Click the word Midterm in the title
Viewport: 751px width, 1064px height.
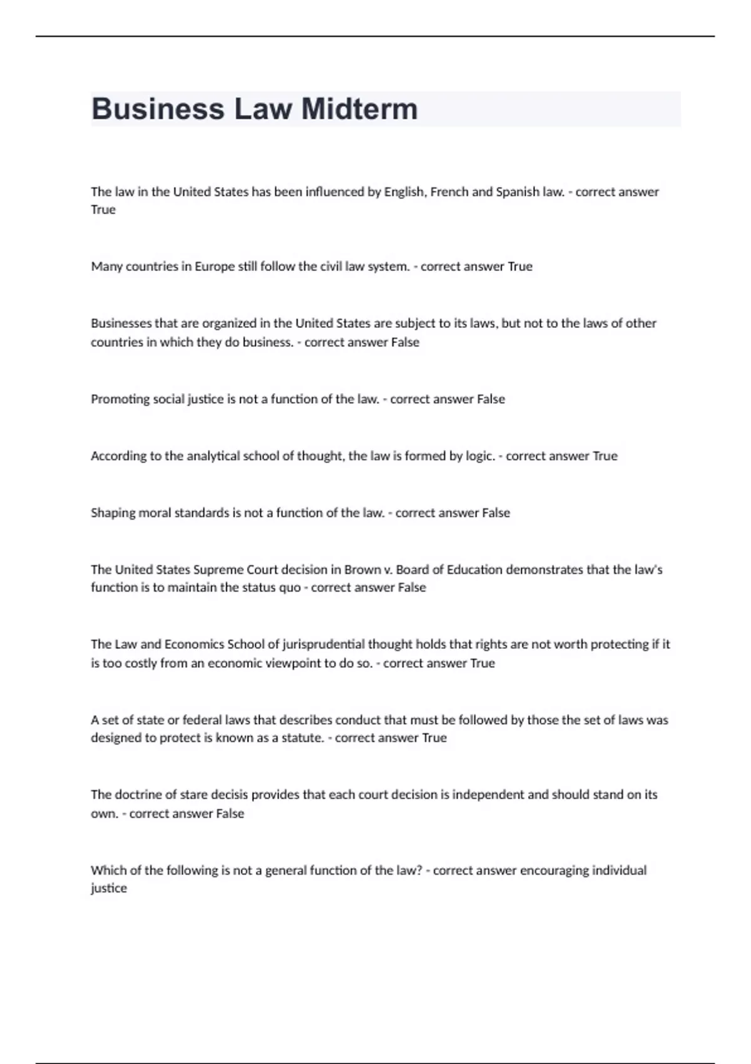click(x=359, y=109)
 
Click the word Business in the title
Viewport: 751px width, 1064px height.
click(x=158, y=109)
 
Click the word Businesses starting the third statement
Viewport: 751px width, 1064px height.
click(x=121, y=324)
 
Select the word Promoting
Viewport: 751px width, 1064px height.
click(x=116, y=399)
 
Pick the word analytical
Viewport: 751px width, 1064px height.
click(x=213, y=456)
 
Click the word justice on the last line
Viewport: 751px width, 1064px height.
click(x=109, y=889)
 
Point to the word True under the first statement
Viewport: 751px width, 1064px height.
click(x=103, y=210)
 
